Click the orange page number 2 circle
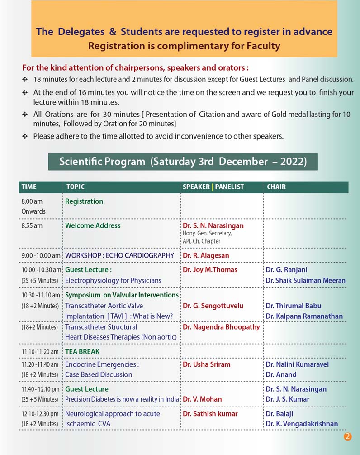pyautogui.click(x=347, y=436)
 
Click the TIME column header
pyautogui.click(x=29, y=187)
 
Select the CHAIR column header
pyautogui.click(x=276, y=187)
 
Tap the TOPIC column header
pyautogui.click(x=76, y=187)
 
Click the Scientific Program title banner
pyautogui.click(x=183, y=162)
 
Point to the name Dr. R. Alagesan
pyautogui.click(x=206, y=255)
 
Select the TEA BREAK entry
pyautogui.click(x=82, y=351)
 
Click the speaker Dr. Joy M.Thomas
pyautogui.click(x=210, y=270)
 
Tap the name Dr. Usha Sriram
pyautogui.click(x=207, y=364)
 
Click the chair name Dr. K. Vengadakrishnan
pyautogui.click(x=302, y=424)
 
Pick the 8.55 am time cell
pyautogui.click(x=32, y=225)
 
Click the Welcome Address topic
pyautogui.click(x=93, y=225)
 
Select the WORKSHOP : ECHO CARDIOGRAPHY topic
pyautogui.click(x=119, y=255)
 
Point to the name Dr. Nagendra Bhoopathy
pyautogui.click(x=221, y=327)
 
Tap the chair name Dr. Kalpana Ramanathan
pyautogui.click(x=304, y=316)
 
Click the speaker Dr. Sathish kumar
pyautogui.click(x=210, y=413)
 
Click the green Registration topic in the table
pyautogui.click(x=84, y=201)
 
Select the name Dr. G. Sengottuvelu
pyautogui.click(x=213, y=306)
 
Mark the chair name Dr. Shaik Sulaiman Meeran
pyautogui.click(x=306, y=280)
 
